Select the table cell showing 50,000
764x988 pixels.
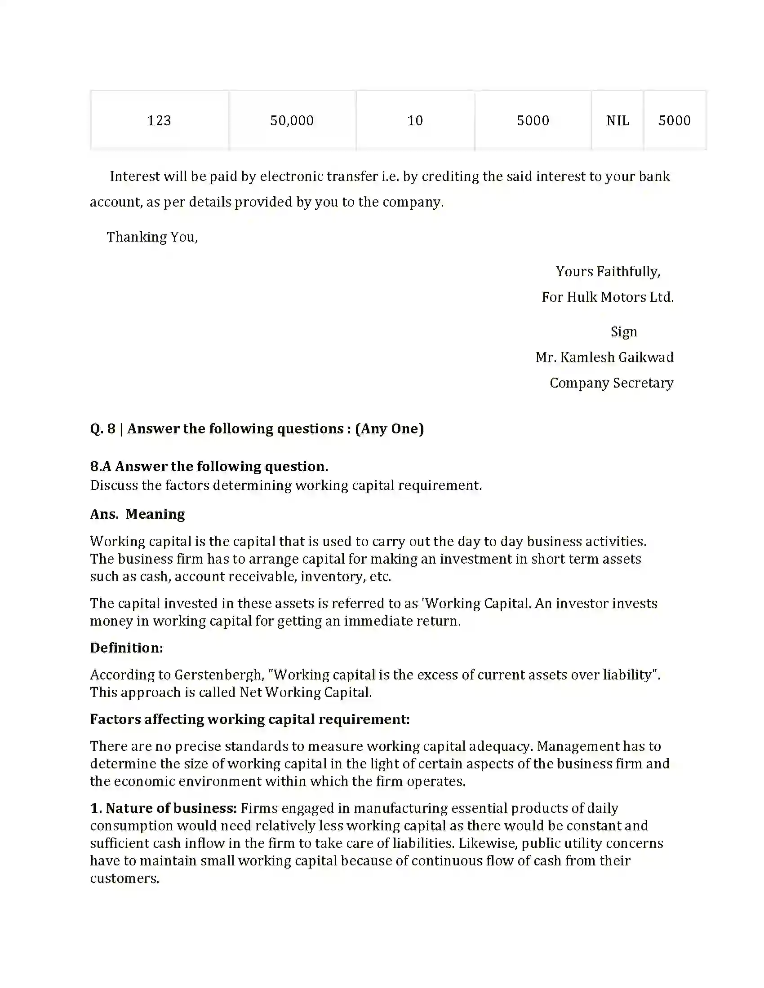(x=292, y=120)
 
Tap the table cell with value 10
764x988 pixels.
(x=415, y=120)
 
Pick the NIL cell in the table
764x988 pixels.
(x=617, y=120)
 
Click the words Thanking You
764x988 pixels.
(x=152, y=237)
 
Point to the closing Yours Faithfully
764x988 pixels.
(x=608, y=271)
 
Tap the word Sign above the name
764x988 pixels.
(x=624, y=331)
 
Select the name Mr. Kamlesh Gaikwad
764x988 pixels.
(x=604, y=357)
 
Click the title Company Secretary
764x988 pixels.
(x=611, y=383)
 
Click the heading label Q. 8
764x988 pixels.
(x=103, y=429)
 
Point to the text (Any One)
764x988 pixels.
(x=389, y=429)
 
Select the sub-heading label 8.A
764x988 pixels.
(x=101, y=467)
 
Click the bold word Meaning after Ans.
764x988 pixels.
(x=155, y=514)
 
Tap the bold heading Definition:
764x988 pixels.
(x=126, y=648)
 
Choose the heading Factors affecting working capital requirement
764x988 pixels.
(x=249, y=719)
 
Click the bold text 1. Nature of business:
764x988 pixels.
(x=164, y=808)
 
